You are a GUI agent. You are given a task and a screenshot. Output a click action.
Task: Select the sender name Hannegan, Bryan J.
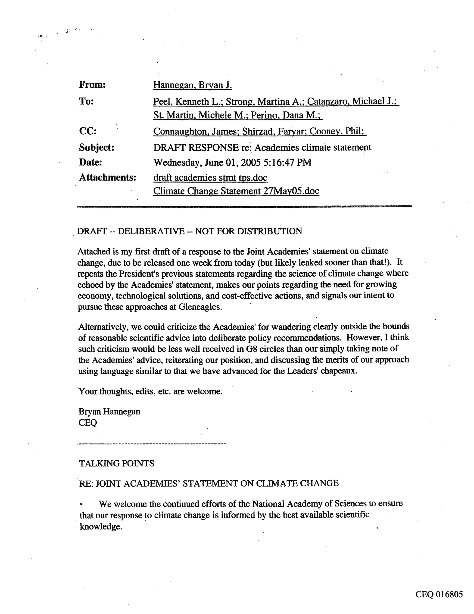coord(193,85)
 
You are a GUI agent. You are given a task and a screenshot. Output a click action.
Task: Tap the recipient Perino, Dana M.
coord(286,115)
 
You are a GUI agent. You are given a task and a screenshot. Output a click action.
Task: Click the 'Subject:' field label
coord(96,147)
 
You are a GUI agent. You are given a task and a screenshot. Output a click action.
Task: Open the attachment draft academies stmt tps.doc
coord(210,178)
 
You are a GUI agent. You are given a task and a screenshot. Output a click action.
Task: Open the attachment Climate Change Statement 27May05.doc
coord(236,191)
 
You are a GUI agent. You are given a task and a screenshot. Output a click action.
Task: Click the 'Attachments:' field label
coord(107,177)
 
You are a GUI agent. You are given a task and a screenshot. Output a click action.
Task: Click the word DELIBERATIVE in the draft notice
coord(151,231)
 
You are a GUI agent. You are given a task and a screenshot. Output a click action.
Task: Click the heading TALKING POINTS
coord(116,463)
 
